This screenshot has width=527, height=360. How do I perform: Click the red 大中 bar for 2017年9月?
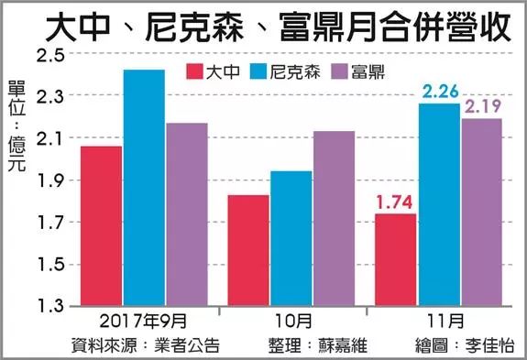[x=101, y=226]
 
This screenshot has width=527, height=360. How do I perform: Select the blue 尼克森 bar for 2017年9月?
[x=144, y=188]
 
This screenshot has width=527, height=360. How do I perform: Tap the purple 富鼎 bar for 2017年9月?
[x=186, y=214]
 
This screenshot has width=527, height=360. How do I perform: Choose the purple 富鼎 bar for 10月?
[x=334, y=218]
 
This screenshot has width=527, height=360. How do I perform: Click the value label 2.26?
[x=438, y=91]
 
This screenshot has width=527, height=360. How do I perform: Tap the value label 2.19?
[x=482, y=107]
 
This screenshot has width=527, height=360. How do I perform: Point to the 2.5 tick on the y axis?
[x=49, y=55]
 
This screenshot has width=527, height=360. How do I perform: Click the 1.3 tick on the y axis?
[x=49, y=306]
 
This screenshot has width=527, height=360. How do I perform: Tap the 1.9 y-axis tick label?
[x=49, y=180]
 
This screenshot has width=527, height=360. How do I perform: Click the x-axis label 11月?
[x=440, y=322]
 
